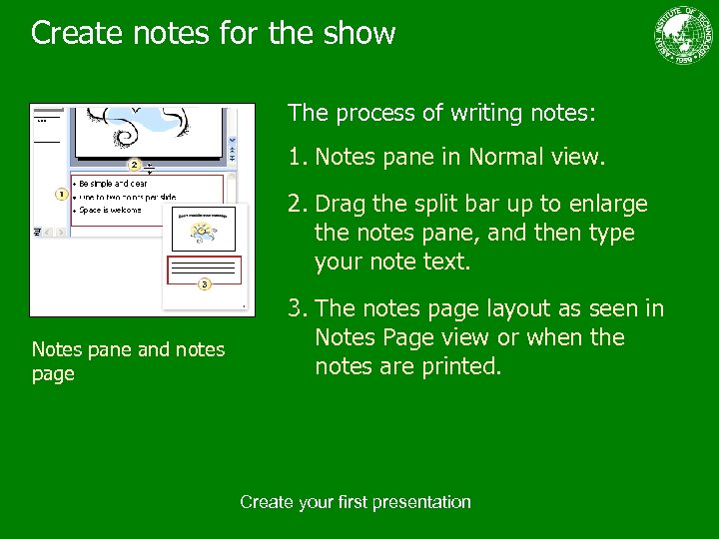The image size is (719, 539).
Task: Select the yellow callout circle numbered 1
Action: coord(61,194)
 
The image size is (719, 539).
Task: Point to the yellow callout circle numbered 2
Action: coord(134,164)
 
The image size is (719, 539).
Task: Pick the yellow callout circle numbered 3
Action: coord(204,284)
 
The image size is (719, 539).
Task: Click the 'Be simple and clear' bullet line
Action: coord(112,184)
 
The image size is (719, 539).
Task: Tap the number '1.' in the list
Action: coord(297,158)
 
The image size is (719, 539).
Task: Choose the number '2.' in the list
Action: coord(297,205)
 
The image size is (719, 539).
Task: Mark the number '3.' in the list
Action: coord(297,308)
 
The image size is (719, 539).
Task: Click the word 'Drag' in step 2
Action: coord(341,205)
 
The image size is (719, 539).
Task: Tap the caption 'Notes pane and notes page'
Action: coord(128,360)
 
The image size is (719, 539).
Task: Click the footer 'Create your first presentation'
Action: coord(356,502)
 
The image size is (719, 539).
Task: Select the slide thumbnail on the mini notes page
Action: coord(202,230)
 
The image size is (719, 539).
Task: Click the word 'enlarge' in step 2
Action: coord(612,205)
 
